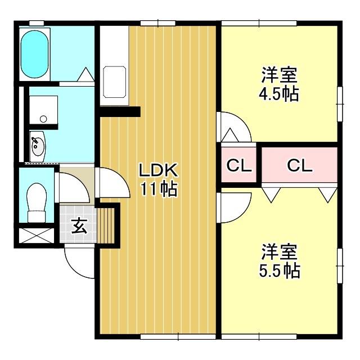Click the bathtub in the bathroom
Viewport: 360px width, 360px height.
click(x=35, y=55)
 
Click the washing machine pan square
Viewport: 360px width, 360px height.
click(x=43, y=109)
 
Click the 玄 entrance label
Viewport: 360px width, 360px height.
click(x=78, y=227)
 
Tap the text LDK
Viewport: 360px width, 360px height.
click(x=159, y=169)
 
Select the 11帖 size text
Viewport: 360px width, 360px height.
click(x=159, y=189)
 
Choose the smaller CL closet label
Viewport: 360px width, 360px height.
click(x=238, y=165)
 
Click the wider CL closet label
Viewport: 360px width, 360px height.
click(x=299, y=165)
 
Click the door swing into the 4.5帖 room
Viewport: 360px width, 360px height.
click(x=233, y=127)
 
